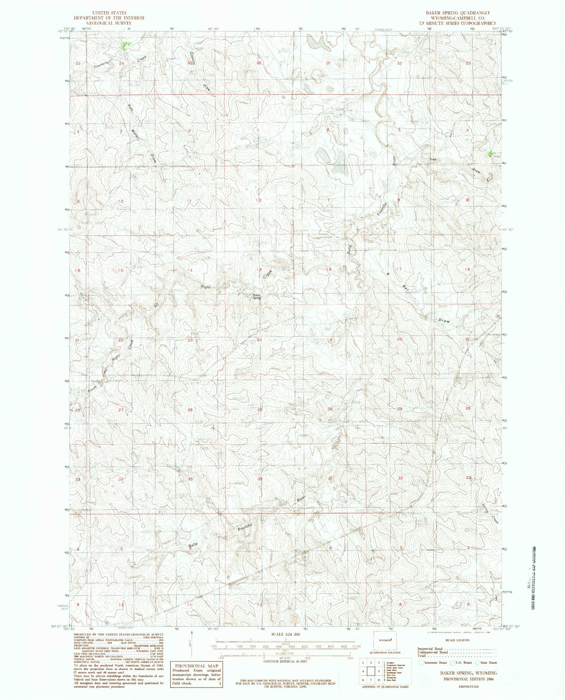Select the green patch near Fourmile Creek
(x=126, y=45)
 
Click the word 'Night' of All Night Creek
(x=206, y=287)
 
